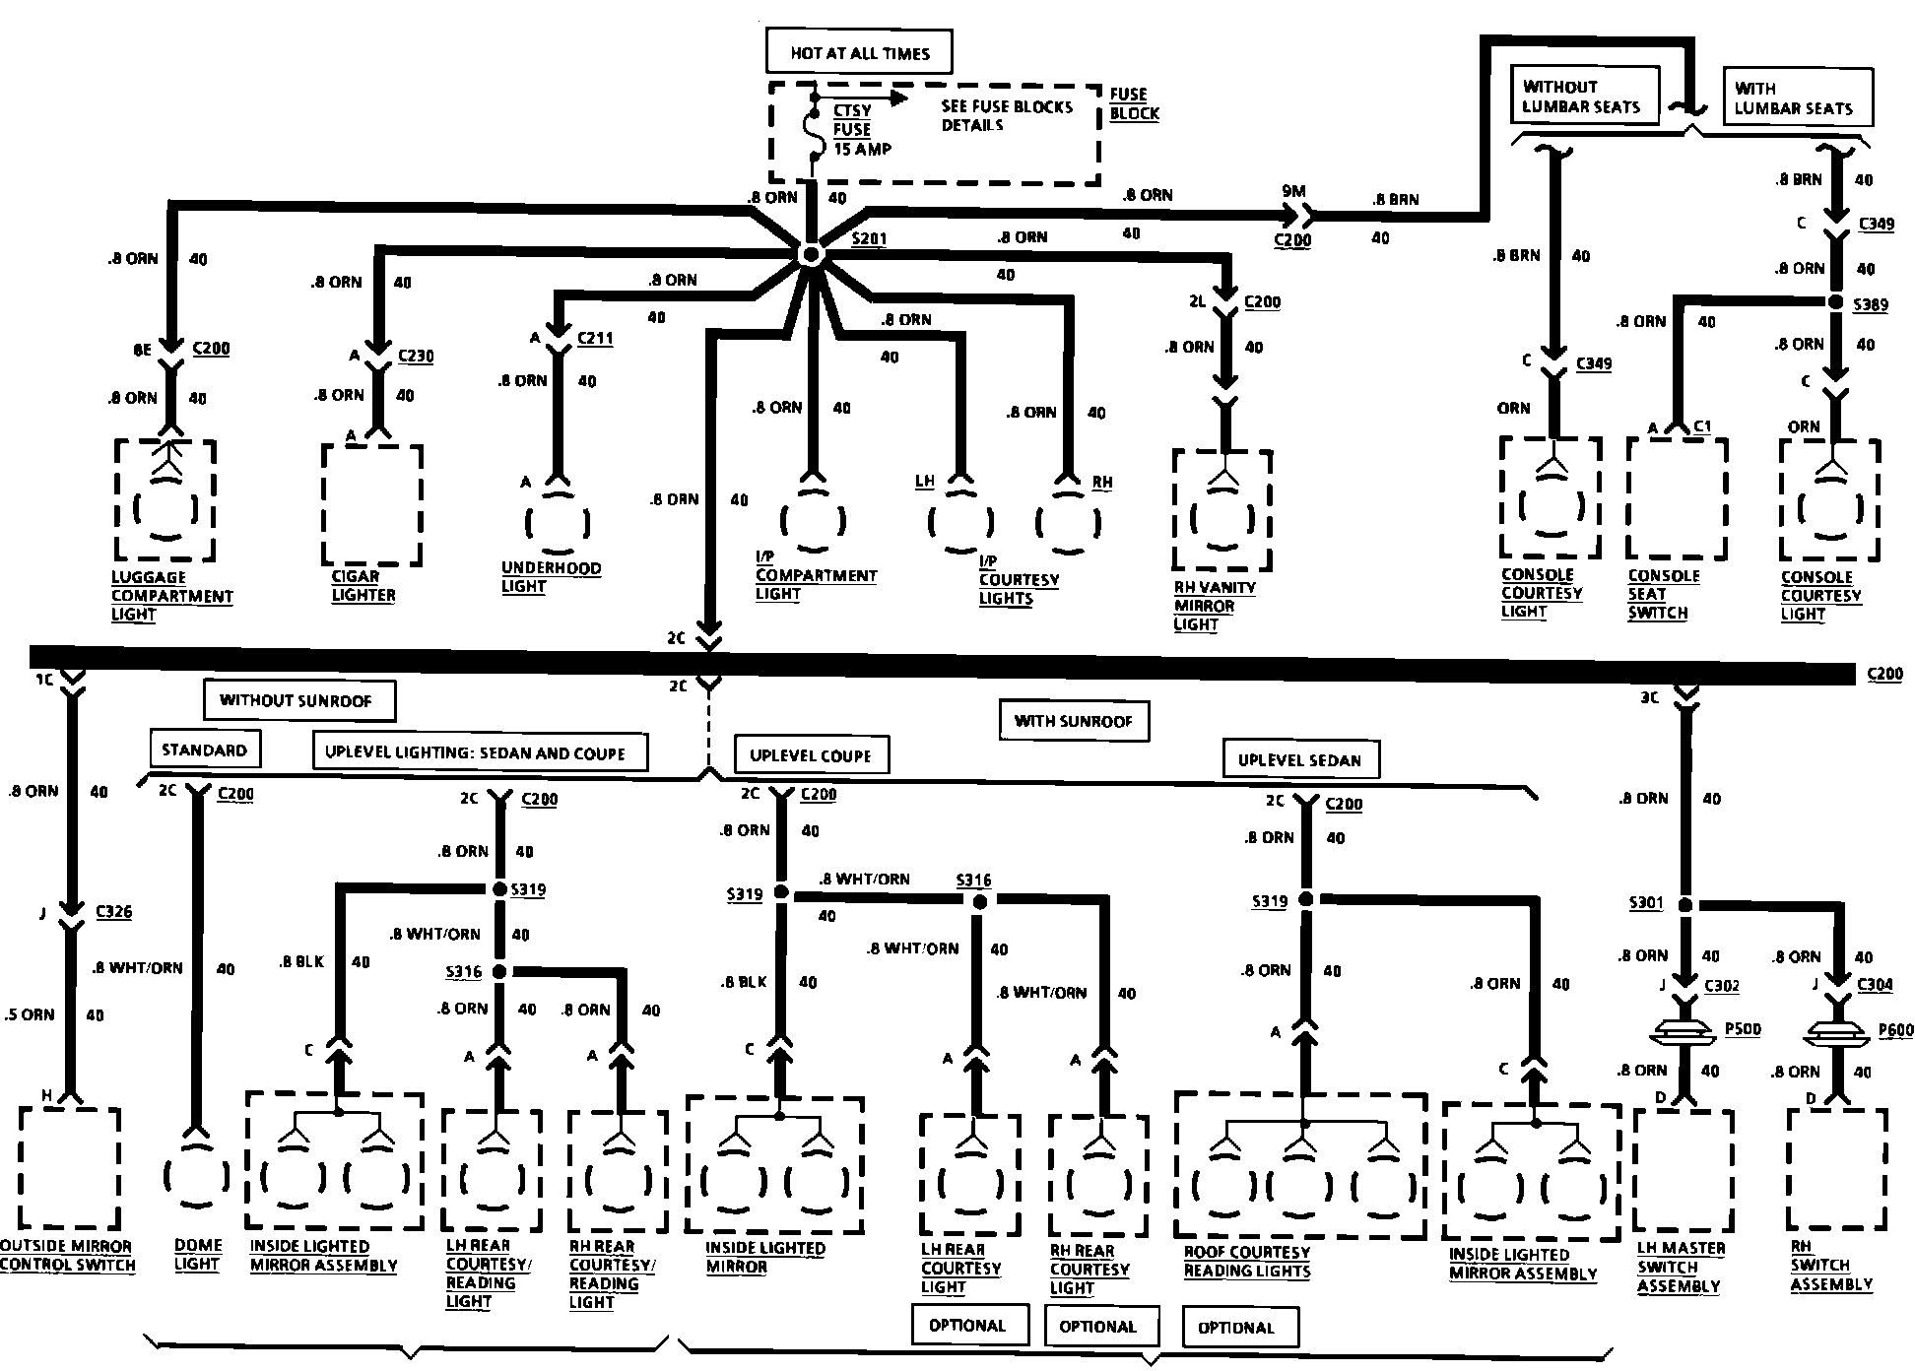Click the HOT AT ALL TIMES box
859,53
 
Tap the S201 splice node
810,255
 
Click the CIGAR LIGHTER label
363,586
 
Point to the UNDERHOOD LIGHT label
551,577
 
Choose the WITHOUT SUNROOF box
297,700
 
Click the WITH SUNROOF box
1073,721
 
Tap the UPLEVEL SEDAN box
1299,759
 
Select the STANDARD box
204,750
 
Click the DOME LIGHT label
198,1254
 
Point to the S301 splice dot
1685,904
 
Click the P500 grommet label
1743,1029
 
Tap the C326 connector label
114,911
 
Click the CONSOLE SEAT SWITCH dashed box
1676,498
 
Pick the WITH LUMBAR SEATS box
1797,98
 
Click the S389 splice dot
1835,302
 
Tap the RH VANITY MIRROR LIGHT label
1214,606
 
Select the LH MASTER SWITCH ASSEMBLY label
1681,1268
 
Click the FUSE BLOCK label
1134,103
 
